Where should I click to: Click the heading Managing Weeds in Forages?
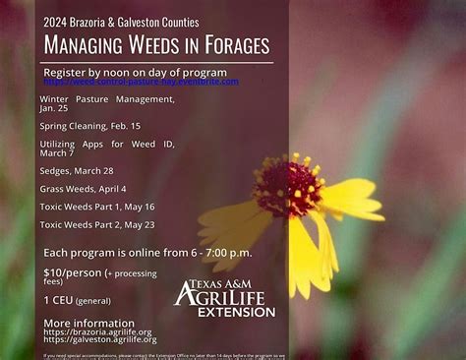coord(157,45)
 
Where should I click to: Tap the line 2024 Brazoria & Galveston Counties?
coord(121,21)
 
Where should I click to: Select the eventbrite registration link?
coord(142,82)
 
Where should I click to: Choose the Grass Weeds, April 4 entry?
coord(84,188)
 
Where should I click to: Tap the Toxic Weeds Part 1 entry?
coord(97,207)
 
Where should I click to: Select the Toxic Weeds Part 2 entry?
coord(97,224)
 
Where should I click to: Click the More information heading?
coord(89,323)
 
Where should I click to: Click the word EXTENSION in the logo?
coord(236,312)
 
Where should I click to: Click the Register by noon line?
coord(135,72)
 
